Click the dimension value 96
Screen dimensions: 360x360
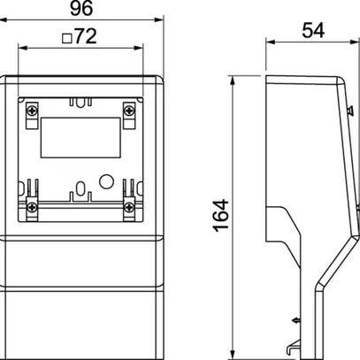point(89,11)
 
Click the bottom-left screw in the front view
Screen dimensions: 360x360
point(34,208)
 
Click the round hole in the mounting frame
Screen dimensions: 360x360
point(106,181)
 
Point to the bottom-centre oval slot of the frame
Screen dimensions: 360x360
point(81,189)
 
